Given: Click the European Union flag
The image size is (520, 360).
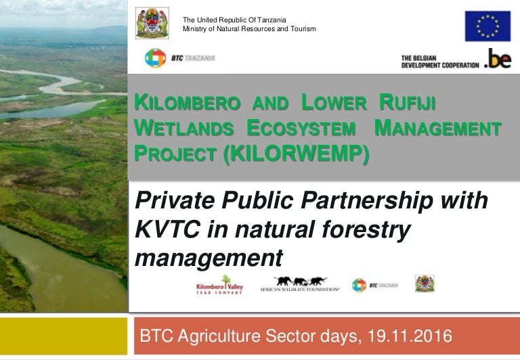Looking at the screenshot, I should (x=487, y=26).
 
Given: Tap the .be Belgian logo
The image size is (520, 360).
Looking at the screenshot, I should (x=498, y=59).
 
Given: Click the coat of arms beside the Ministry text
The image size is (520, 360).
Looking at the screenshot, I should (x=152, y=23).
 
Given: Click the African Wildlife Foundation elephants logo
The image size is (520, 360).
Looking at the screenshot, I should (x=300, y=284).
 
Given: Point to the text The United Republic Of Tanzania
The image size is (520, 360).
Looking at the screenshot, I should (x=234, y=19).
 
